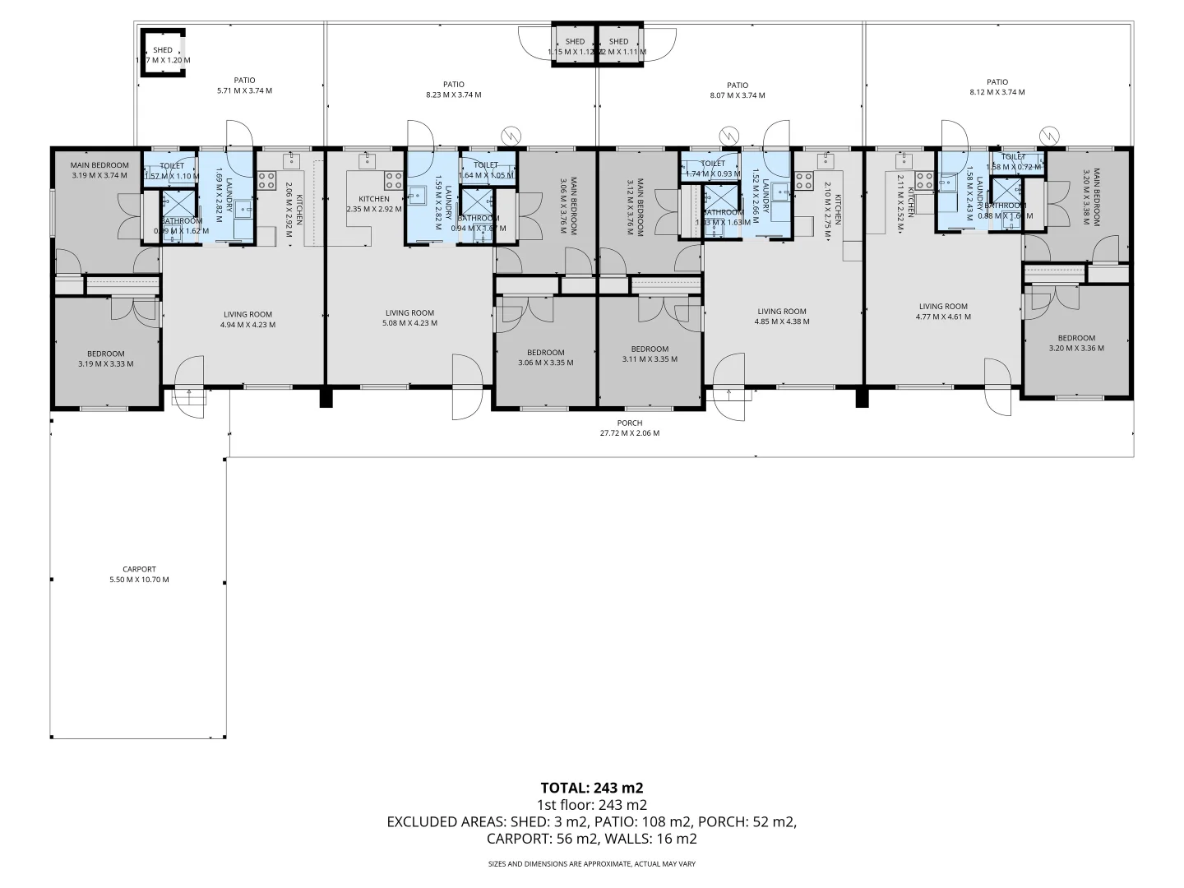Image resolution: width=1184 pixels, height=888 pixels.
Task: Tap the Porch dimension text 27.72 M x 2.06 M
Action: coord(629,432)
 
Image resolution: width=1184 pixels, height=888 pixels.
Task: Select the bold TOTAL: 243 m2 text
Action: coord(591,787)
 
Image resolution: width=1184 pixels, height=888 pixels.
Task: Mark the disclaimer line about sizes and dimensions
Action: coord(591,863)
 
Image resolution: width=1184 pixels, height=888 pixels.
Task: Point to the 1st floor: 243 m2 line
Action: coord(591,804)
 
